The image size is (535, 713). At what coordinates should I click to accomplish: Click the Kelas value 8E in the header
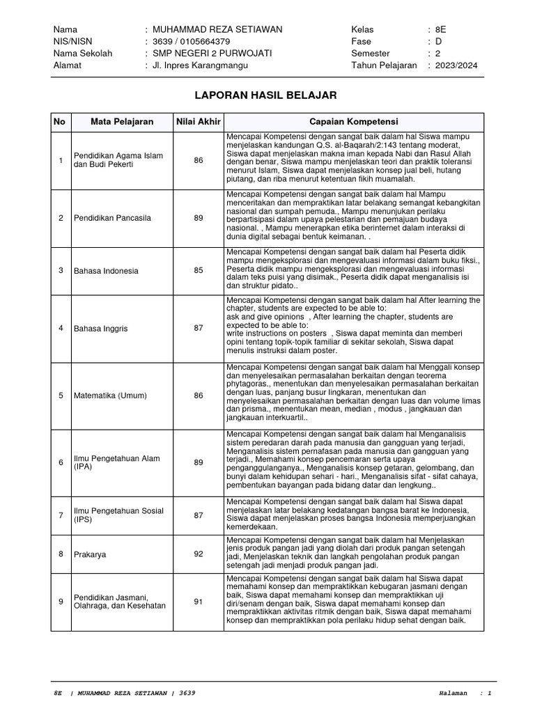coord(440,29)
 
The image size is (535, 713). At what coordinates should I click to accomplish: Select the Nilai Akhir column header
coord(199,122)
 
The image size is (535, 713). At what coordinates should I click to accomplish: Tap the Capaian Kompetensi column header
coord(353,122)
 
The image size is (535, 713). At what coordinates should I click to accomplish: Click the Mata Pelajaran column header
coord(122,122)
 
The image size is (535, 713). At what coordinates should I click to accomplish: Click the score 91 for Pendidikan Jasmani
coord(199,601)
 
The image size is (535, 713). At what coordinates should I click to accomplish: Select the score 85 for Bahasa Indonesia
coord(199,271)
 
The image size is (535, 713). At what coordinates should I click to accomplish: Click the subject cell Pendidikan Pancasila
coord(112,218)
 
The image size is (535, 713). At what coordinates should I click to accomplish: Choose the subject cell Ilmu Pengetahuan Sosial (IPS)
coord(118,515)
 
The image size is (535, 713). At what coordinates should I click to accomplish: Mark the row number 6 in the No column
coord(61,463)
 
